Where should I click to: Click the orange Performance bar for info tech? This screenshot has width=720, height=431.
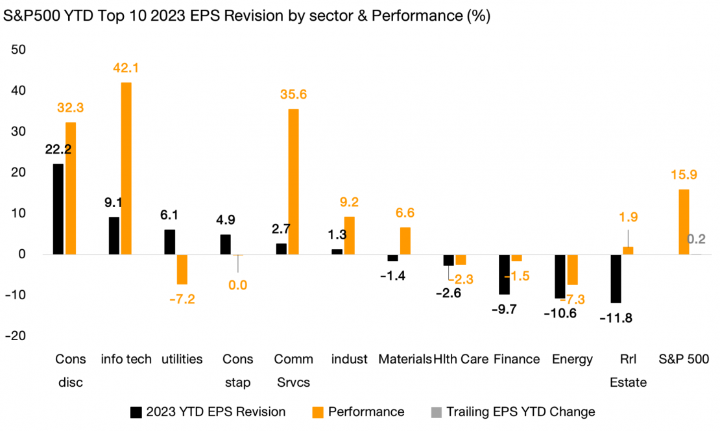(126, 168)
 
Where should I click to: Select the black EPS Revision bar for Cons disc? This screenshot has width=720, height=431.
(58, 209)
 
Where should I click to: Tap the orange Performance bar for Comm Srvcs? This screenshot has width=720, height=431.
(294, 182)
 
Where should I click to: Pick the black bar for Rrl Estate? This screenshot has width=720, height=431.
(616, 278)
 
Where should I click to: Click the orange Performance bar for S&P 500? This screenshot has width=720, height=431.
(684, 222)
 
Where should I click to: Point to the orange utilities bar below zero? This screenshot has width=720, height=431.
(182, 269)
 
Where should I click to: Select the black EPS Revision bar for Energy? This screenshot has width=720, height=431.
(560, 276)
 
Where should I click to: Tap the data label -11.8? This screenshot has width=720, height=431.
(616, 318)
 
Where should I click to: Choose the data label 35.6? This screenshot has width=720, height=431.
(294, 95)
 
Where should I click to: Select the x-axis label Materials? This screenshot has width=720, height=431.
(405, 359)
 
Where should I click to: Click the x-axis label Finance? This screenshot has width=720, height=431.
(516, 359)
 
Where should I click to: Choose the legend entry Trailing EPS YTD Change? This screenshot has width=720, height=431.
(520, 412)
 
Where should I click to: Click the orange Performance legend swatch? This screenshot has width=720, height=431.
(318, 412)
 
